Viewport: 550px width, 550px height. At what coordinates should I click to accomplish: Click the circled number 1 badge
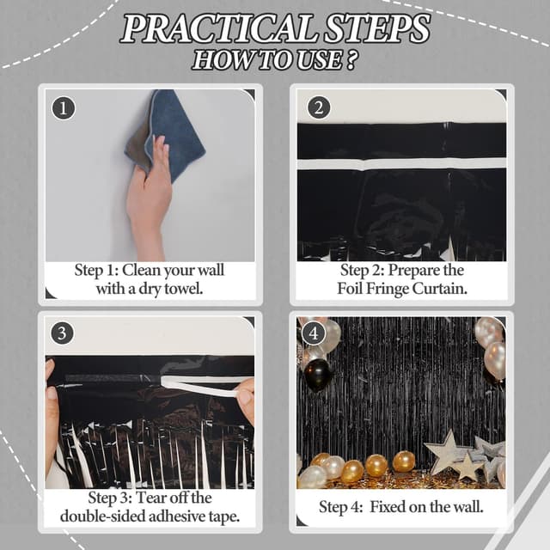tap(63, 107)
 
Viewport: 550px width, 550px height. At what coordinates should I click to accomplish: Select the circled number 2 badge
tap(319, 107)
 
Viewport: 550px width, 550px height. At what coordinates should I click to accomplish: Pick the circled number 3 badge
tap(63, 331)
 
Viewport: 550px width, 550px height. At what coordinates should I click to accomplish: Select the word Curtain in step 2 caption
tap(441, 289)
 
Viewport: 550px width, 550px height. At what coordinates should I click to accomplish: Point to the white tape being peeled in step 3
tap(198, 384)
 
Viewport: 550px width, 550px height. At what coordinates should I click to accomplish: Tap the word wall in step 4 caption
tap(464, 507)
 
